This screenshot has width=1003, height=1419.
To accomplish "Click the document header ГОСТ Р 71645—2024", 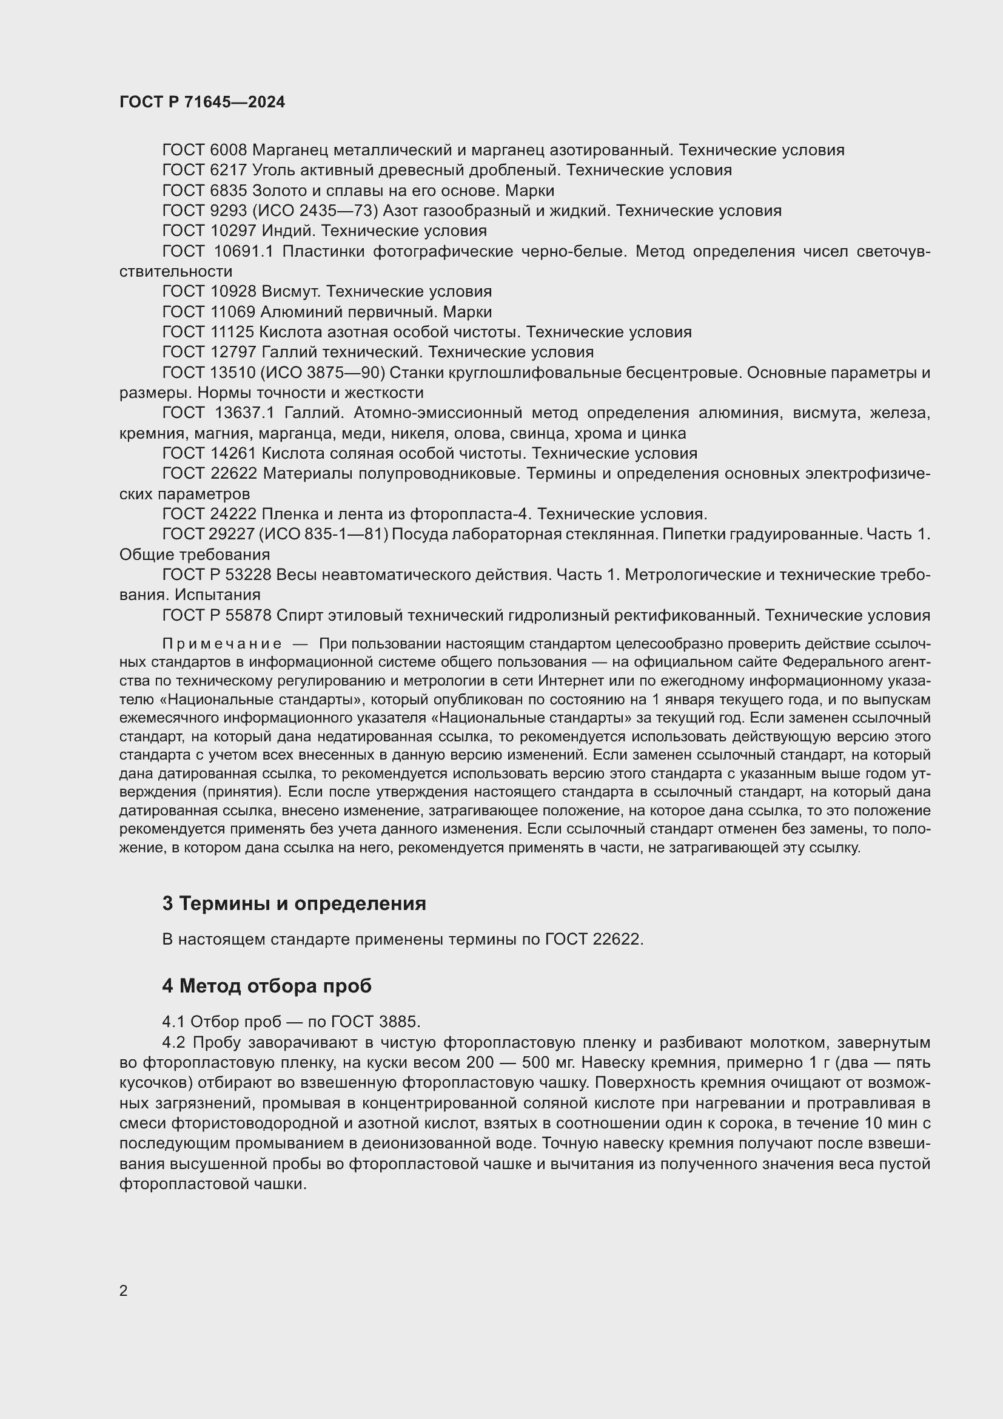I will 202,102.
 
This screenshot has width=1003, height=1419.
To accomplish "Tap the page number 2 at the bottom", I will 124,1290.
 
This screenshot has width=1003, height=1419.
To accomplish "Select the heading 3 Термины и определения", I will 294,903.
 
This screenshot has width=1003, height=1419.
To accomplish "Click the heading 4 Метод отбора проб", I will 267,986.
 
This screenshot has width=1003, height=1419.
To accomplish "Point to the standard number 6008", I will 229,150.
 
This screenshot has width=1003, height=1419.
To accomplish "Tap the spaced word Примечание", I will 222,644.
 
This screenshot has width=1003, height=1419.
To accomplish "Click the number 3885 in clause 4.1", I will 400,1022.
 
